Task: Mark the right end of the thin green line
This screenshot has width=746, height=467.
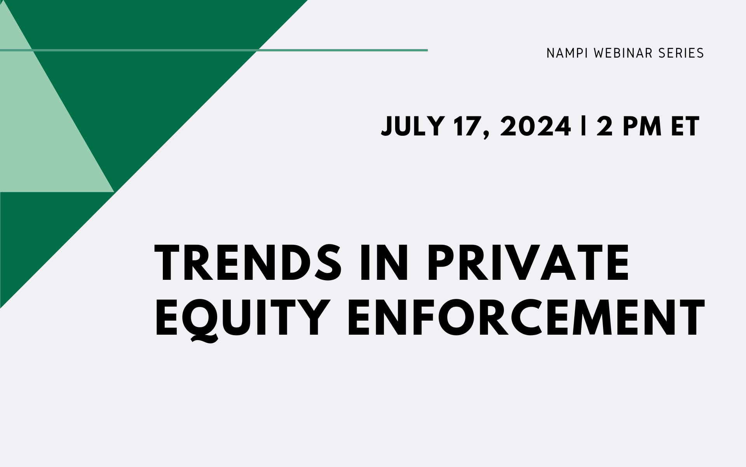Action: pos(427,50)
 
